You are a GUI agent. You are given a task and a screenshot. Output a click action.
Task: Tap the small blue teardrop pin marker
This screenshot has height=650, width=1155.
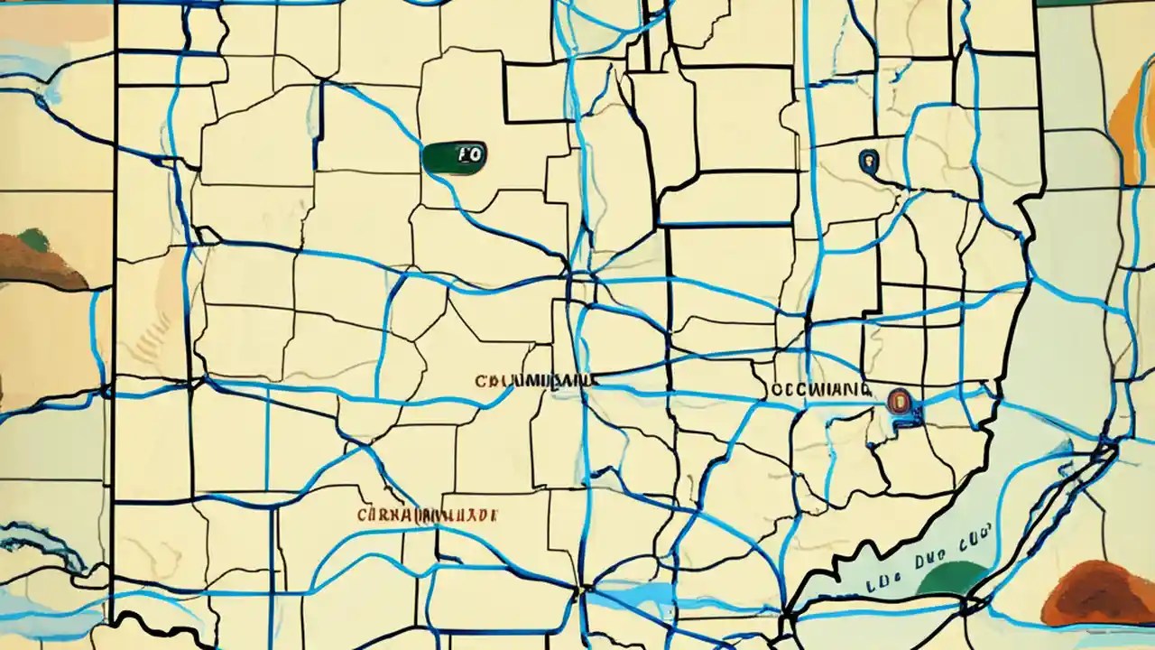[x=868, y=162]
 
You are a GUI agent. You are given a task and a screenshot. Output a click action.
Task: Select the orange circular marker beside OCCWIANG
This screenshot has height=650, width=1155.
[x=899, y=400]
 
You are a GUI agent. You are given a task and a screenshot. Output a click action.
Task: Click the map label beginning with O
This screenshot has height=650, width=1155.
[x=821, y=389]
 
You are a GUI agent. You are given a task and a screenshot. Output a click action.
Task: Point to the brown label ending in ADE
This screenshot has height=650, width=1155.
[x=427, y=515]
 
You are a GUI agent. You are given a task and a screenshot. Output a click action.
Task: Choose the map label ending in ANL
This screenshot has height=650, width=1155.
[x=536, y=381]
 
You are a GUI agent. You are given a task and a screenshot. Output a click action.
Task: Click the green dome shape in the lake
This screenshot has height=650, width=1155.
[x=951, y=579]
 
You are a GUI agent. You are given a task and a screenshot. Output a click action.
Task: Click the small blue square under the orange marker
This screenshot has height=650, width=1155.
[x=911, y=417]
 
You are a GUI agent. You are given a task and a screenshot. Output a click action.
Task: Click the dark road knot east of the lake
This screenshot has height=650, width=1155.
[x=1104, y=446]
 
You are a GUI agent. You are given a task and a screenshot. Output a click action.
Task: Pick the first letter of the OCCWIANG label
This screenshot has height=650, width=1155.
[x=777, y=390]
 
